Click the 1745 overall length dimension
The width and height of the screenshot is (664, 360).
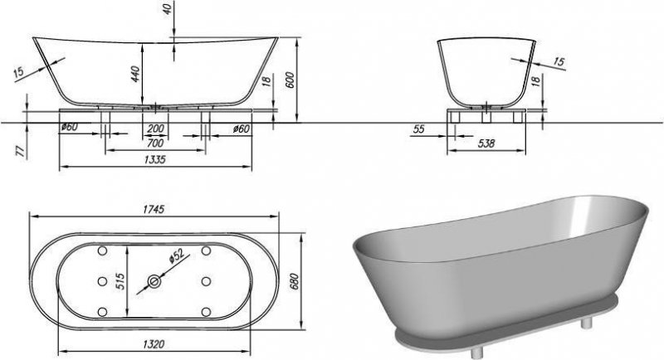pos(154,209)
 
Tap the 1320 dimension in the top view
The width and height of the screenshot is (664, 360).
pos(154,344)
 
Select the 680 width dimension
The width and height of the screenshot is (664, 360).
pos(295,281)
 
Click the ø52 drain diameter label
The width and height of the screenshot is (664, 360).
pos(176,256)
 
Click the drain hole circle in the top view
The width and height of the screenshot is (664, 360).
pos(154,281)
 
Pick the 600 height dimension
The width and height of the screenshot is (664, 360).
pos(290,80)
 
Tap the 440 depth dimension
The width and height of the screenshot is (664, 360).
pos(135,74)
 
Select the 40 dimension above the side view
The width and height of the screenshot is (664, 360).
pos(169,9)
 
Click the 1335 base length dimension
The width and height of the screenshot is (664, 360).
pos(155,159)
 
